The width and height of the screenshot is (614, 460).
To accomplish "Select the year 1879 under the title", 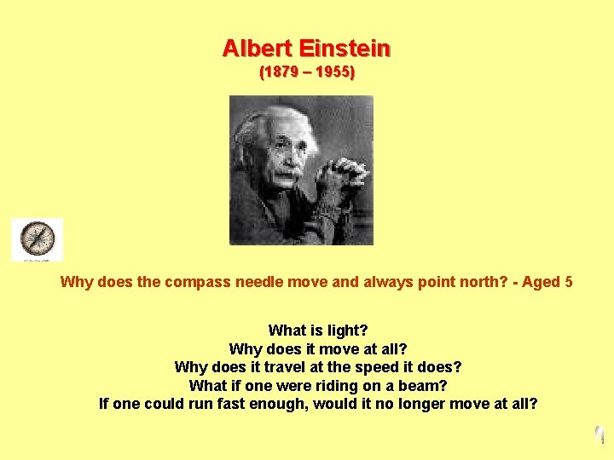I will tap(282, 72).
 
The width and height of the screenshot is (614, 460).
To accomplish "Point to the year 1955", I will tap(331, 72).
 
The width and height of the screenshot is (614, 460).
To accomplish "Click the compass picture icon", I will tap(37, 239).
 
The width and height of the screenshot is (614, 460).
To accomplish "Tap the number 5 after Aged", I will tap(569, 282).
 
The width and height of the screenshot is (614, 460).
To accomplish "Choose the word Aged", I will tap(541, 282).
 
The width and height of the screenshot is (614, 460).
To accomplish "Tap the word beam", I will tap(422, 386).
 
